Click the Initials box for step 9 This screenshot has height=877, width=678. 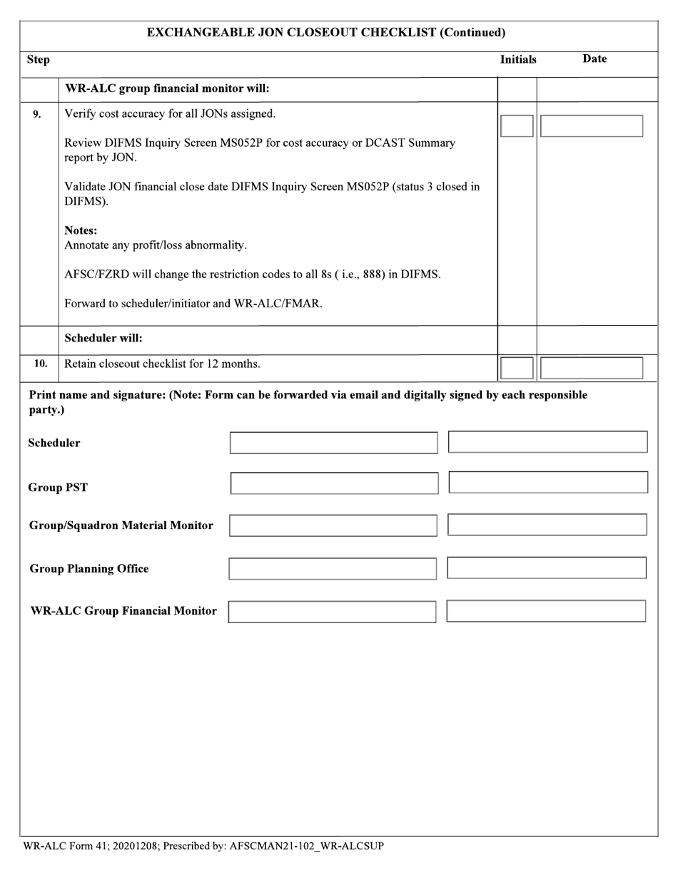click(x=517, y=126)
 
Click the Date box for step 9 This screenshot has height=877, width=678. click(x=591, y=126)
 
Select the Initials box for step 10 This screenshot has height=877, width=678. click(x=517, y=368)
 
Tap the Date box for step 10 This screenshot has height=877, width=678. click(x=591, y=368)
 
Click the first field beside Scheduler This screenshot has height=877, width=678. click(x=333, y=443)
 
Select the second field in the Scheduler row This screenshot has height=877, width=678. click(x=547, y=442)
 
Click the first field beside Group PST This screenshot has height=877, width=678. click(x=334, y=483)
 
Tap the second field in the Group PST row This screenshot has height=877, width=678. click(x=548, y=483)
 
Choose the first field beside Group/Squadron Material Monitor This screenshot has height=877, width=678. click(x=333, y=526)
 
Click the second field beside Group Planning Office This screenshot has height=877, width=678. click(x=547, y=568)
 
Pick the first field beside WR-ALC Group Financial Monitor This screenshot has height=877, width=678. click(x=332, y=612)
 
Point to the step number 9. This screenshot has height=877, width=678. click(x=37, y=114)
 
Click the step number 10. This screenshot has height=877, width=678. click(x=41, y=364)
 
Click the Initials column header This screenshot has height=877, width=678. click(x=518, y=60)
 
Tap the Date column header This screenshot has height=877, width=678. click(x=594, y=59)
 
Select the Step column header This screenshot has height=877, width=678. click(x=39, y=60)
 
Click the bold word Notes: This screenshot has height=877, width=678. click(x=81, y=231)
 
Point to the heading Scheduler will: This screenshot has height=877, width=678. click(x=103, y=338)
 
